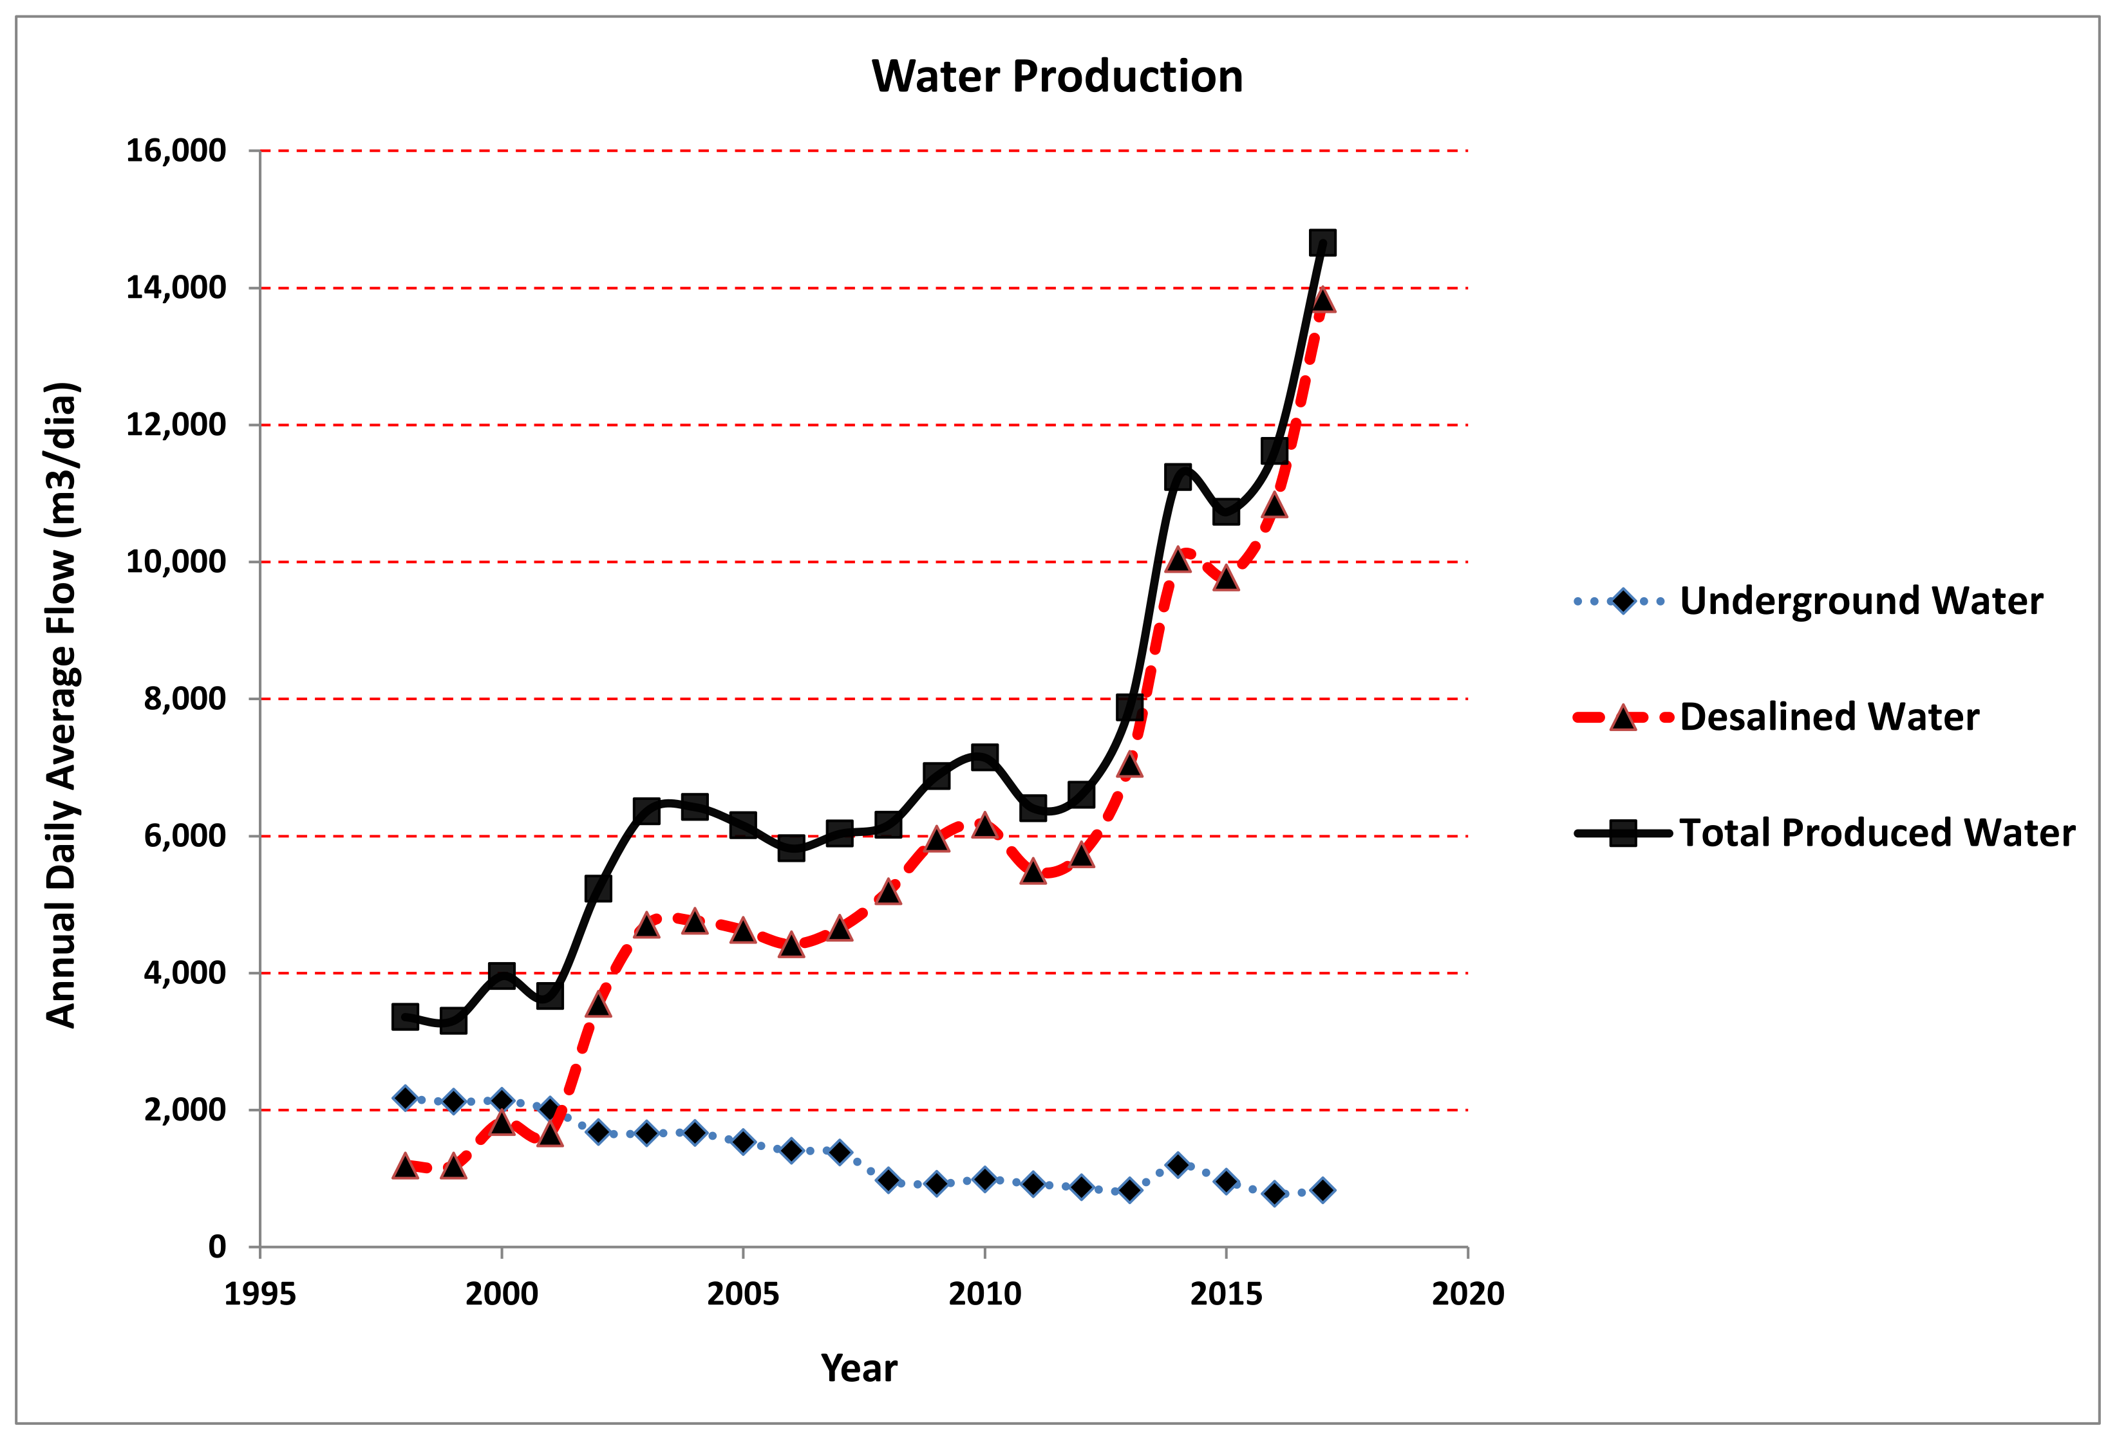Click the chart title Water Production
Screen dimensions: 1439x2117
tap(1057, 77)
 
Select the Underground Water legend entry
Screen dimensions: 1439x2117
tap(1860, 601)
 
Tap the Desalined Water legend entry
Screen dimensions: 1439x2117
tap(1829, 717)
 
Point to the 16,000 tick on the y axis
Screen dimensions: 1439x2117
tap(176, 151)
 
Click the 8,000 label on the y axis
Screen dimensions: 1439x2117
tap(185, 698)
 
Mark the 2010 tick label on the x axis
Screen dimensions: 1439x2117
tap(984, 1294)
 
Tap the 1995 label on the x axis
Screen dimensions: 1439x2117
tap(261, 1294)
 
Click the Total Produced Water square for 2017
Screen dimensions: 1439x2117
tap(1322, 242)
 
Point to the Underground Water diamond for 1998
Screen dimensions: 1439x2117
tap(406, 1097)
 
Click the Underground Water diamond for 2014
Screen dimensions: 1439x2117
tap(1177, 1165)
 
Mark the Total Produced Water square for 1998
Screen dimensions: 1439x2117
tap(406, 1016)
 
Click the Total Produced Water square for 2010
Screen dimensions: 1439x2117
tap(984, 756)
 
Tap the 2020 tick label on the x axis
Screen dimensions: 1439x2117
tap(1467, 1294)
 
